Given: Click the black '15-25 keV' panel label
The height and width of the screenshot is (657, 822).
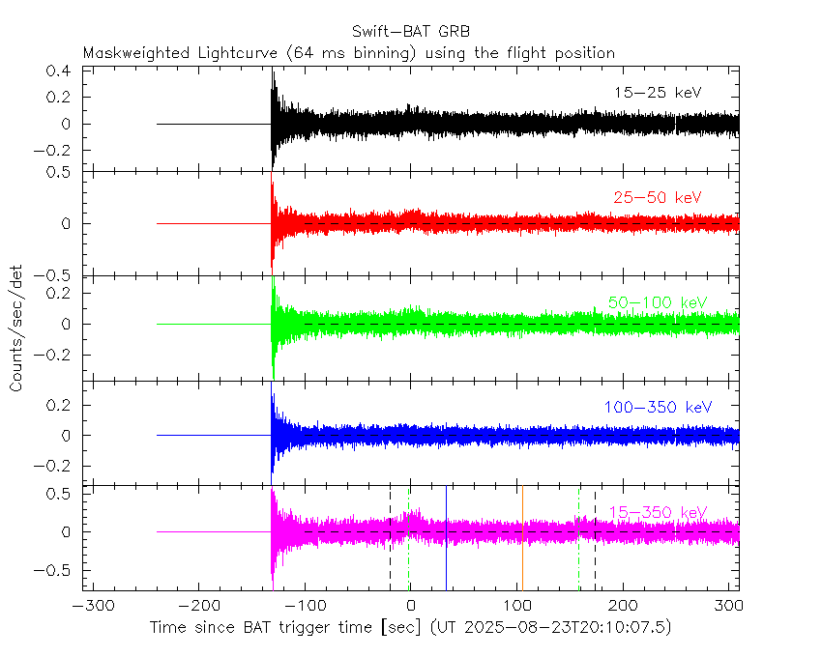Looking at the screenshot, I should [658, 93].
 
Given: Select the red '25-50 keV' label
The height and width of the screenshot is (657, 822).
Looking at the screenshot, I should [658, 197].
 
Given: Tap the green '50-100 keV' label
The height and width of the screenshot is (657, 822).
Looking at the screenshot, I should [658, 302].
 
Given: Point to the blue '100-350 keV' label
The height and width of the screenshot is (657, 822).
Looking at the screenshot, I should [658, 408].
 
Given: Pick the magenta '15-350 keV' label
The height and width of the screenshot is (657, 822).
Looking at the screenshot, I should [658, 512].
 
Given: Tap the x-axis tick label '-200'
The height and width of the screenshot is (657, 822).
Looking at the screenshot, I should [198, 606].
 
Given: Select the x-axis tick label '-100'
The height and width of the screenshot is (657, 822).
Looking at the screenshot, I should [305, 606].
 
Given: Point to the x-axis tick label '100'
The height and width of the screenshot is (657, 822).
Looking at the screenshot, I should [516, 606].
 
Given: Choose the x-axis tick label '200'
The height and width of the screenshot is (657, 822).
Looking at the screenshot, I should [623, 606].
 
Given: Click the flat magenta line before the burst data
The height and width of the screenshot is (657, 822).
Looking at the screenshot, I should [213, 531].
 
